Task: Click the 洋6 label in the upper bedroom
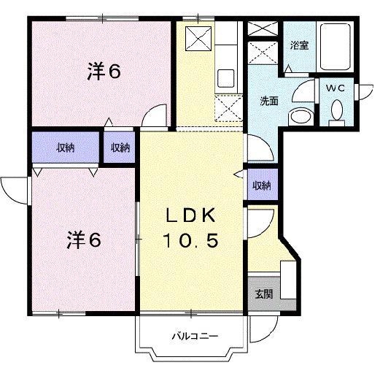[104, 71]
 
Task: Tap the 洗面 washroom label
[269, 101]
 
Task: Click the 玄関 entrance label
[263, 296]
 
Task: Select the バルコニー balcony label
[193, 337]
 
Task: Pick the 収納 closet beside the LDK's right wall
[261, 185]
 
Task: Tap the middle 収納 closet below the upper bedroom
[120, 148]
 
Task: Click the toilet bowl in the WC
[336, 112]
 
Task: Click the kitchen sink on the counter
[225, 77]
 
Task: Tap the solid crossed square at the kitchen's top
[197, 38]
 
